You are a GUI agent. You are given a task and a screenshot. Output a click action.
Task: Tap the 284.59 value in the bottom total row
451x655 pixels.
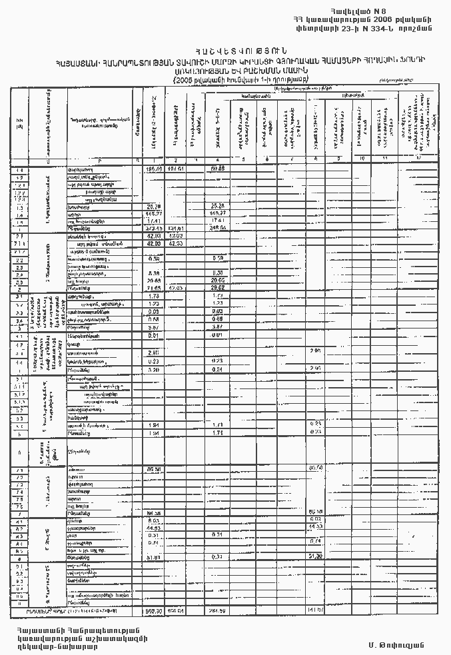coord(219,610)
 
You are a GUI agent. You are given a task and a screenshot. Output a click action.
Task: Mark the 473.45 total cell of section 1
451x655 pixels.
coord(155,227)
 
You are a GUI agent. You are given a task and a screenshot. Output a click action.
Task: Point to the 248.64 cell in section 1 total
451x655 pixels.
coord(219,227)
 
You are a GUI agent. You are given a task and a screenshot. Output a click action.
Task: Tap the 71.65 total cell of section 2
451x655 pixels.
coord(155,288)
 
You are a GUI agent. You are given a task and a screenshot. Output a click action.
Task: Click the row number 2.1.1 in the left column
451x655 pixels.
coord(19,244)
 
